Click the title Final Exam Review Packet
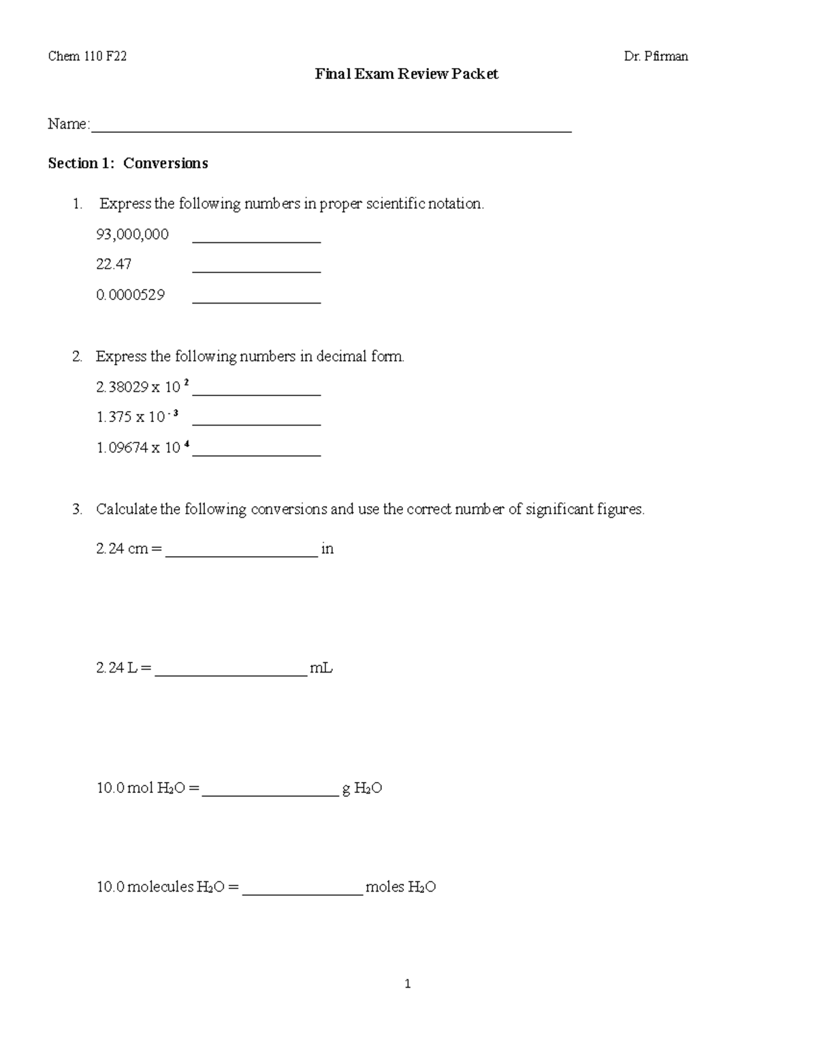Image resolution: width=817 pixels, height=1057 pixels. pyautogui.click(x=406, y=74)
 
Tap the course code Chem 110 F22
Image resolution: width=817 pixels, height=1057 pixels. pyautogui.click(x=87, y=56)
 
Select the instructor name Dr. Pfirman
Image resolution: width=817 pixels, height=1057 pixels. pyautogui.click(x=656, y=56)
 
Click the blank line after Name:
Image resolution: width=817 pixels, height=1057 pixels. pyautogui.click(x=331, y=127)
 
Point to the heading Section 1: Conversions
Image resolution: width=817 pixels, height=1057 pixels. pyautogui.click(x=128, y=163)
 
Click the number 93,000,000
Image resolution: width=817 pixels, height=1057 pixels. pyautogui.click(x=133, y=235)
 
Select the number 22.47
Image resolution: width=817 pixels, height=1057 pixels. pyautogui.click(x=114, y=264)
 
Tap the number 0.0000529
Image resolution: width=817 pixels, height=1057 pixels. pyautogui.click(x=131, y=295)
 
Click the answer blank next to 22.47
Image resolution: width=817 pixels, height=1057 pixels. pyautogui.click(x=257, y=266)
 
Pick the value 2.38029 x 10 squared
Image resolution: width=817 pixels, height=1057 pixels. pyautogui.click(x=143, y=387)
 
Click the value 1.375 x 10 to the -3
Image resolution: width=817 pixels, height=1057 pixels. pyautogui.click(x=138, y=417)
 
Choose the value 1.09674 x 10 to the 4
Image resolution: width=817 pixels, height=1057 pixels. pyautogui.click(x=143, y=448)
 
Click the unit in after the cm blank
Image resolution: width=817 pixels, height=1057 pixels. pyautogui.click(x=327, y=549)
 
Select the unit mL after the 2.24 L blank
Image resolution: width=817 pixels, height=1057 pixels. pyautogui.click(x=321, y=668)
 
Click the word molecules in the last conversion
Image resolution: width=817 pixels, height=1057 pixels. pyautogui.click(x=161, y=888)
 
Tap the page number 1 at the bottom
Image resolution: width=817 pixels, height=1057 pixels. pyautogui.click(x=407, y=984)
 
